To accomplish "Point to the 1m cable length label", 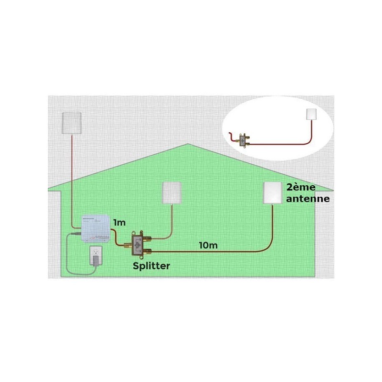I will pos(119,223).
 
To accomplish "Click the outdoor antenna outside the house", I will pos(73,123).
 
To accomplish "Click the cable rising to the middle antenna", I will pos(170,224).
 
